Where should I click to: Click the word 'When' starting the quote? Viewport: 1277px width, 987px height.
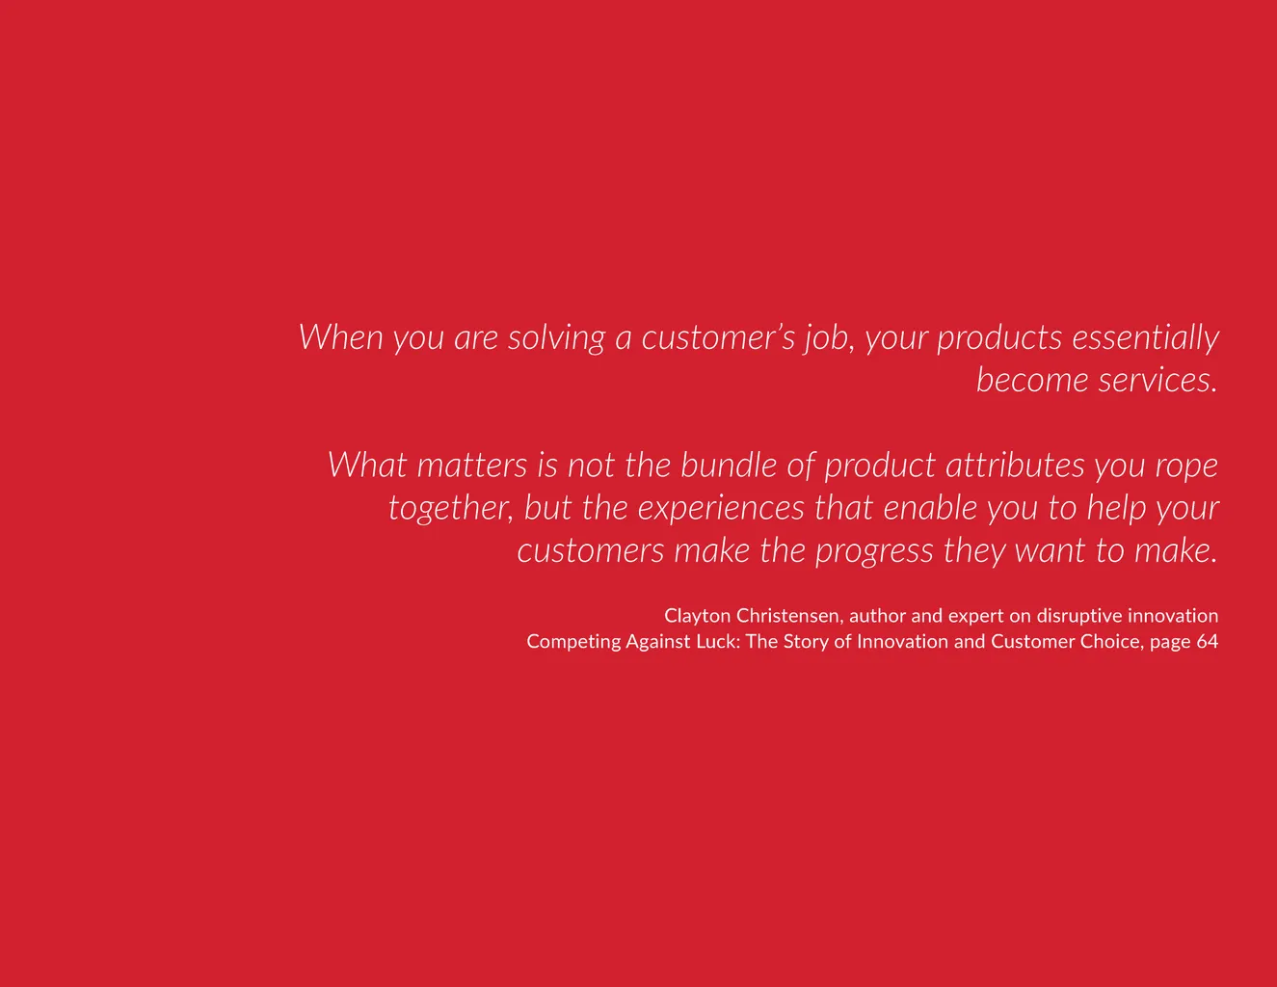click(x=341, y=337)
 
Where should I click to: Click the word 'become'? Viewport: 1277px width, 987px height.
click(x=1032, y=380)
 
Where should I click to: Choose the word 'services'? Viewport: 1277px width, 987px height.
click(x=1157, y=380)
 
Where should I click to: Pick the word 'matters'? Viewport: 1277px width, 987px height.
click(x=472, y=466)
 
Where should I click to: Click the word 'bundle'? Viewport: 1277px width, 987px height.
click(x=730, y=466)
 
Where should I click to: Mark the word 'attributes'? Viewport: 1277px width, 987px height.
click(x=1015, y=466)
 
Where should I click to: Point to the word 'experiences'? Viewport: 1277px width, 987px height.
click(x=721, y=509)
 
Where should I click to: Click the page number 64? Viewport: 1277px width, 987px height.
click(x=1207, y=641)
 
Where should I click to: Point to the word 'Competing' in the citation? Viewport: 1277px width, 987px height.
click(x=573, y=642)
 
